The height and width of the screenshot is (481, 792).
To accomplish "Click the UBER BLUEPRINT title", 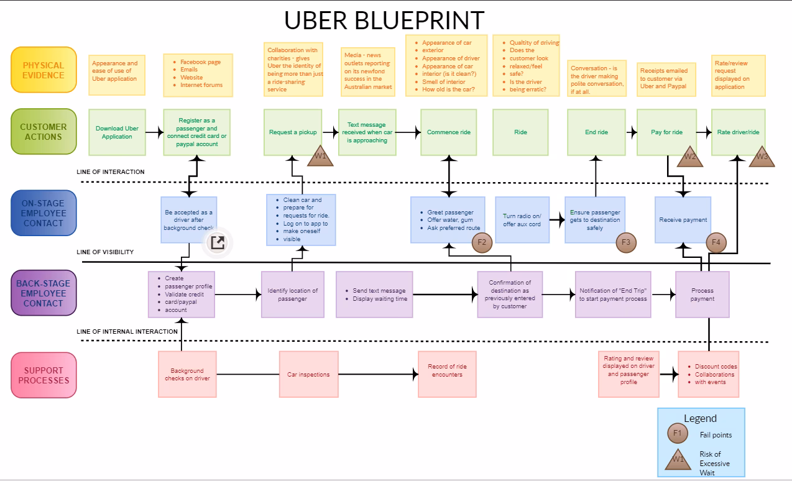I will click(384, 20).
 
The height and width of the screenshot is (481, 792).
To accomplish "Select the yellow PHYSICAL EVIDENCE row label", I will click(44, 70).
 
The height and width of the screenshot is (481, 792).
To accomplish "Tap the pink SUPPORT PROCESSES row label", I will click(44, 375).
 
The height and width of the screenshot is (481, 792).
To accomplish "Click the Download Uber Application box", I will click(117, 132).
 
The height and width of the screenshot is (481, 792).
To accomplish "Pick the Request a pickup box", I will click(292, 132).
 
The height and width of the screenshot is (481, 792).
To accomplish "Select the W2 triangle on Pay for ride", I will click(690, 158).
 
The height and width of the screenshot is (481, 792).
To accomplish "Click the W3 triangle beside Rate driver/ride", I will click(762, 158).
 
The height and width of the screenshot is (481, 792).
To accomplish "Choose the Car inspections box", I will click(308, 375).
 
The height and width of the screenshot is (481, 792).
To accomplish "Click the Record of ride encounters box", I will click(447, 371).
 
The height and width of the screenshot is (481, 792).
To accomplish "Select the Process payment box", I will click(702, 295).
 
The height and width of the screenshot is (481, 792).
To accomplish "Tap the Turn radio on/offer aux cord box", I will click(522, 220).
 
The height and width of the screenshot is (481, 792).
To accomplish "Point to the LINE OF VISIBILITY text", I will click(105, 252).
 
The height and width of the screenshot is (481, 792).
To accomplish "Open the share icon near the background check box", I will click(218, 242).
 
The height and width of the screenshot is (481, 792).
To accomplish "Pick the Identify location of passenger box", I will click(292, 295).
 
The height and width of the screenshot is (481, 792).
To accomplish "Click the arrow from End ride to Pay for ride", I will click(631, 132).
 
